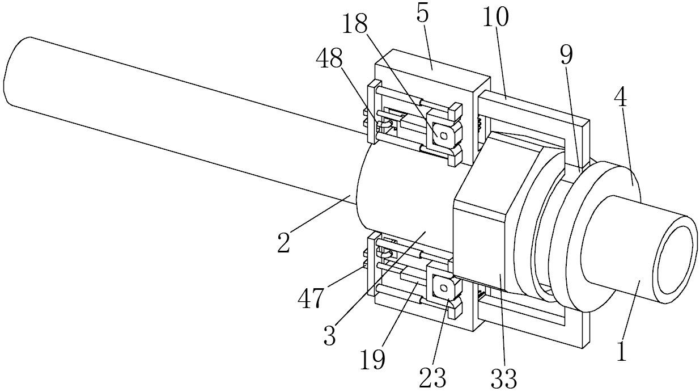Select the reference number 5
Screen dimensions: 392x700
[422, 14]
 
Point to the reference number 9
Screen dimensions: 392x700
[566, 56]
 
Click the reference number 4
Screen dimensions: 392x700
[621, 98]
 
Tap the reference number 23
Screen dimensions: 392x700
[432, 377]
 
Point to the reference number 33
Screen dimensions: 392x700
[503, 378]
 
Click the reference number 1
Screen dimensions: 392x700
[622, 351]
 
